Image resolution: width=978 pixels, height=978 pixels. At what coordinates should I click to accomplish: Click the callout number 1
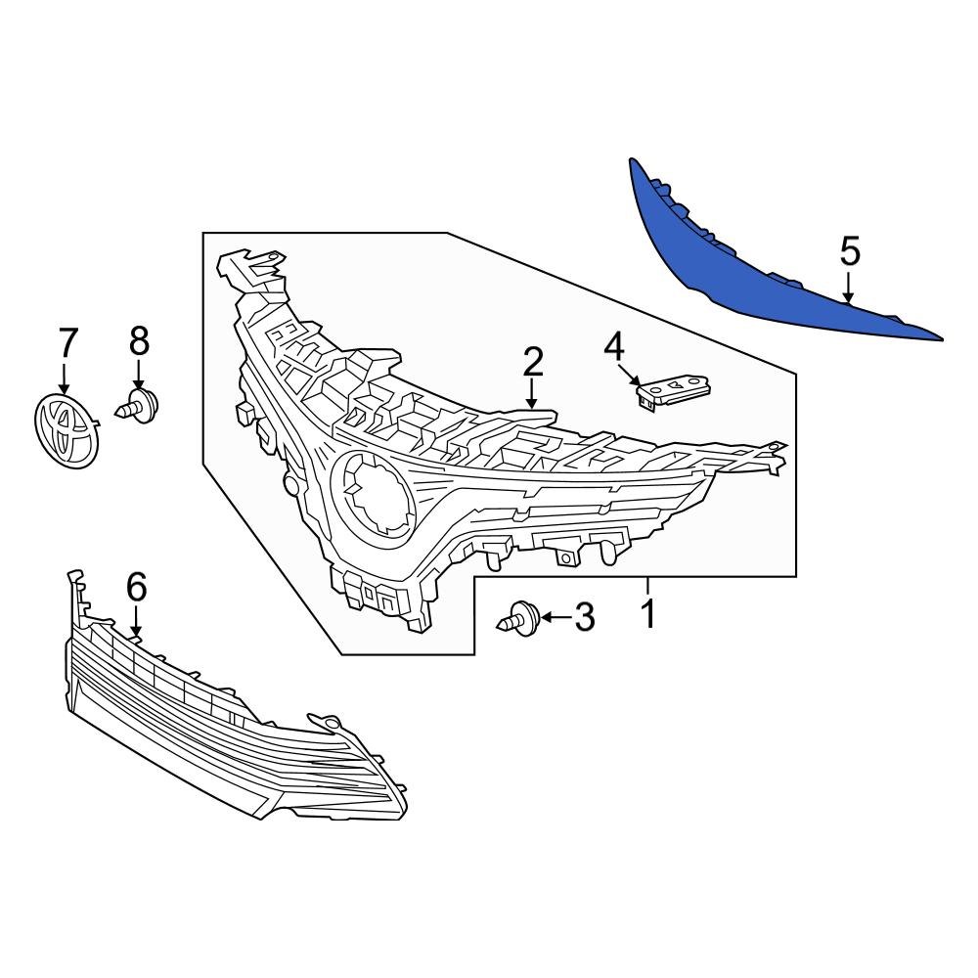pos(646,615)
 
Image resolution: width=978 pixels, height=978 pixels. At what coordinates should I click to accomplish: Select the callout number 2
pos(532,363)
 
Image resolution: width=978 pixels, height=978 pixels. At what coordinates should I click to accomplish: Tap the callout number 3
pos(584,617)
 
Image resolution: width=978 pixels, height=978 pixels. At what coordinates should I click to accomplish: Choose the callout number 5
pos(850,251)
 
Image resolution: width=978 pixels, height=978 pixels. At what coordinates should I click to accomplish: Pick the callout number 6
pos(136,587)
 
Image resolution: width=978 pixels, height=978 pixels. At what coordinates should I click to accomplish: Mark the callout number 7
pos(67,343)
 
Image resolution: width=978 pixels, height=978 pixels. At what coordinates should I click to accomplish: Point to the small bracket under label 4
pos(672,393)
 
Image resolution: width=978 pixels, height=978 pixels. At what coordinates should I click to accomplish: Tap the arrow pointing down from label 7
pos(67,379)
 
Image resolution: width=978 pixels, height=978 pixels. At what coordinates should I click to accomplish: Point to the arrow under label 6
pos(136,622)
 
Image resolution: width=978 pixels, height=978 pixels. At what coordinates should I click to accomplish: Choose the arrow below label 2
pos(532,395)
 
